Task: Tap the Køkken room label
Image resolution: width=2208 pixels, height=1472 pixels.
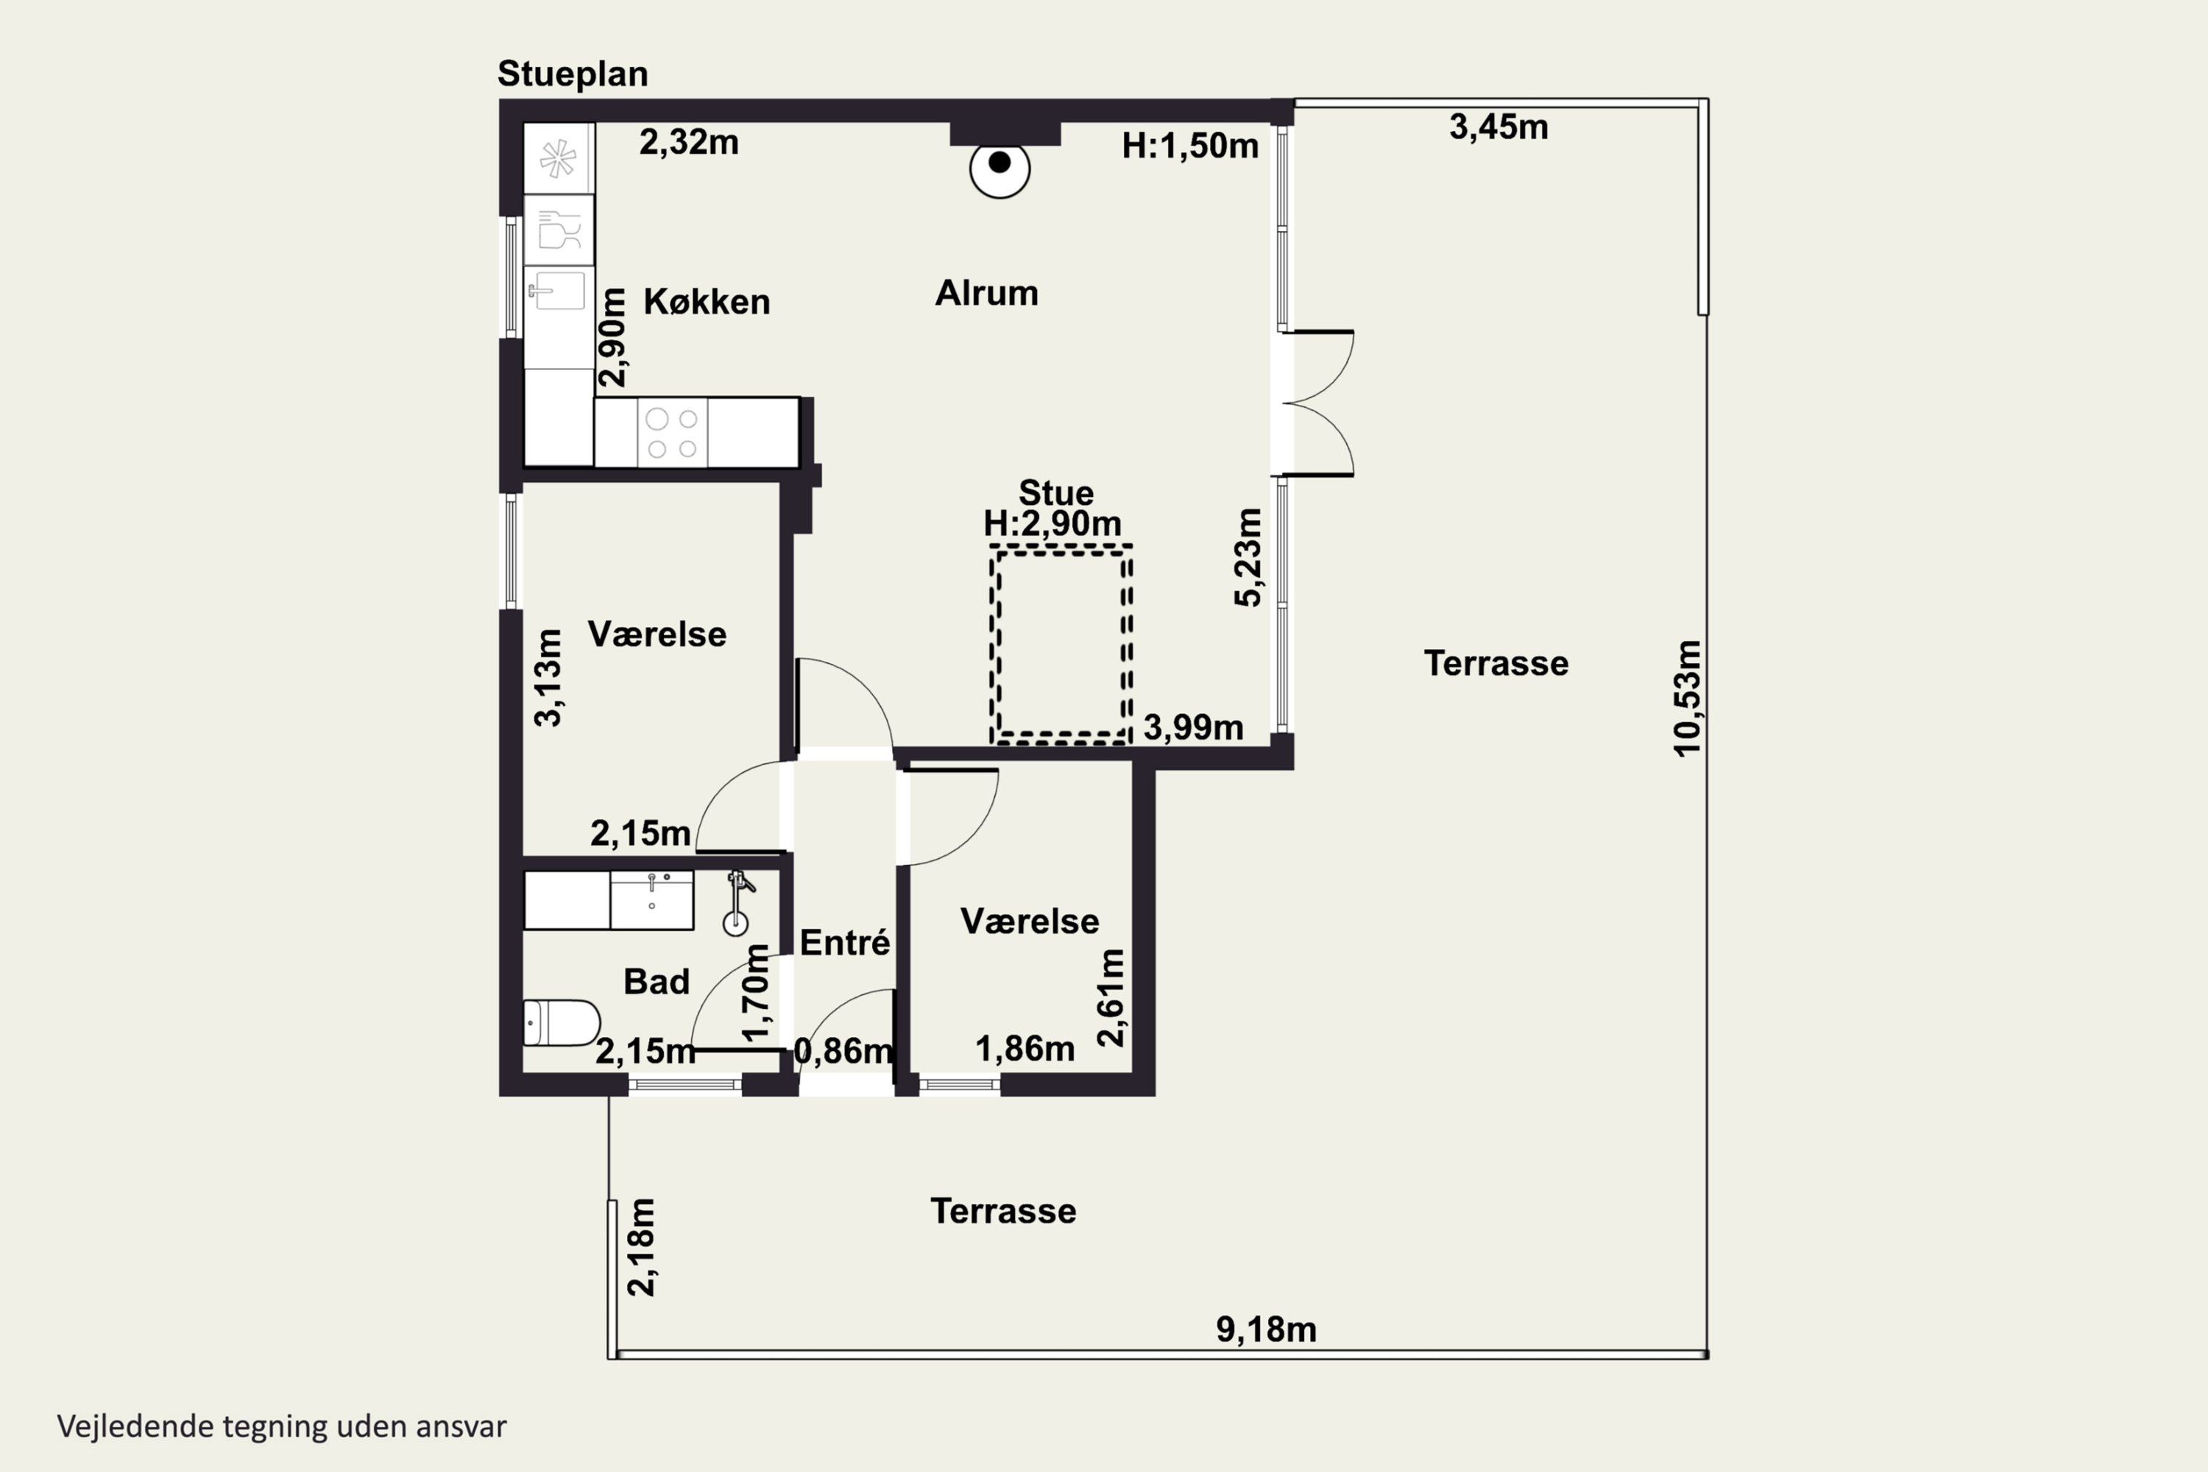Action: (x=707, y=301)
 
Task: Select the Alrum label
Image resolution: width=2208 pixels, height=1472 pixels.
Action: (x=987, y=293)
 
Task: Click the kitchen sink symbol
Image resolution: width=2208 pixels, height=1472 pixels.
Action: (x=559, y=290)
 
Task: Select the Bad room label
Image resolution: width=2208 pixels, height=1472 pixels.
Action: (x=657, y=982)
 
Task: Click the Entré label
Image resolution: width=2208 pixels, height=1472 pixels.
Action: (x=845, y=941)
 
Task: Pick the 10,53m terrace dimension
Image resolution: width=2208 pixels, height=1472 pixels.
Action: (x=1687, y=698)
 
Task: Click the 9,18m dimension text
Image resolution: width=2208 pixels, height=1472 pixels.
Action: (x=1267, y=1329)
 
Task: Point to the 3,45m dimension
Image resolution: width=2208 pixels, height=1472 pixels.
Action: (x=1498, y=127)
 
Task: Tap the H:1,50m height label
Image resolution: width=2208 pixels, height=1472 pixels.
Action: (x=1190, y=146)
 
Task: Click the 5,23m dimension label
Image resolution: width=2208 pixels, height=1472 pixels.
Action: (x=1248, y=558)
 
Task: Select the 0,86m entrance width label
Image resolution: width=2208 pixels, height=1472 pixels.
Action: (x=843, y=1050)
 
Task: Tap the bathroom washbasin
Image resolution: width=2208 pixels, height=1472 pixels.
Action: (x=651, y=900)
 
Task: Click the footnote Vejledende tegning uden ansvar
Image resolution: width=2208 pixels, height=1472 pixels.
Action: (x=282, y=1426)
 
